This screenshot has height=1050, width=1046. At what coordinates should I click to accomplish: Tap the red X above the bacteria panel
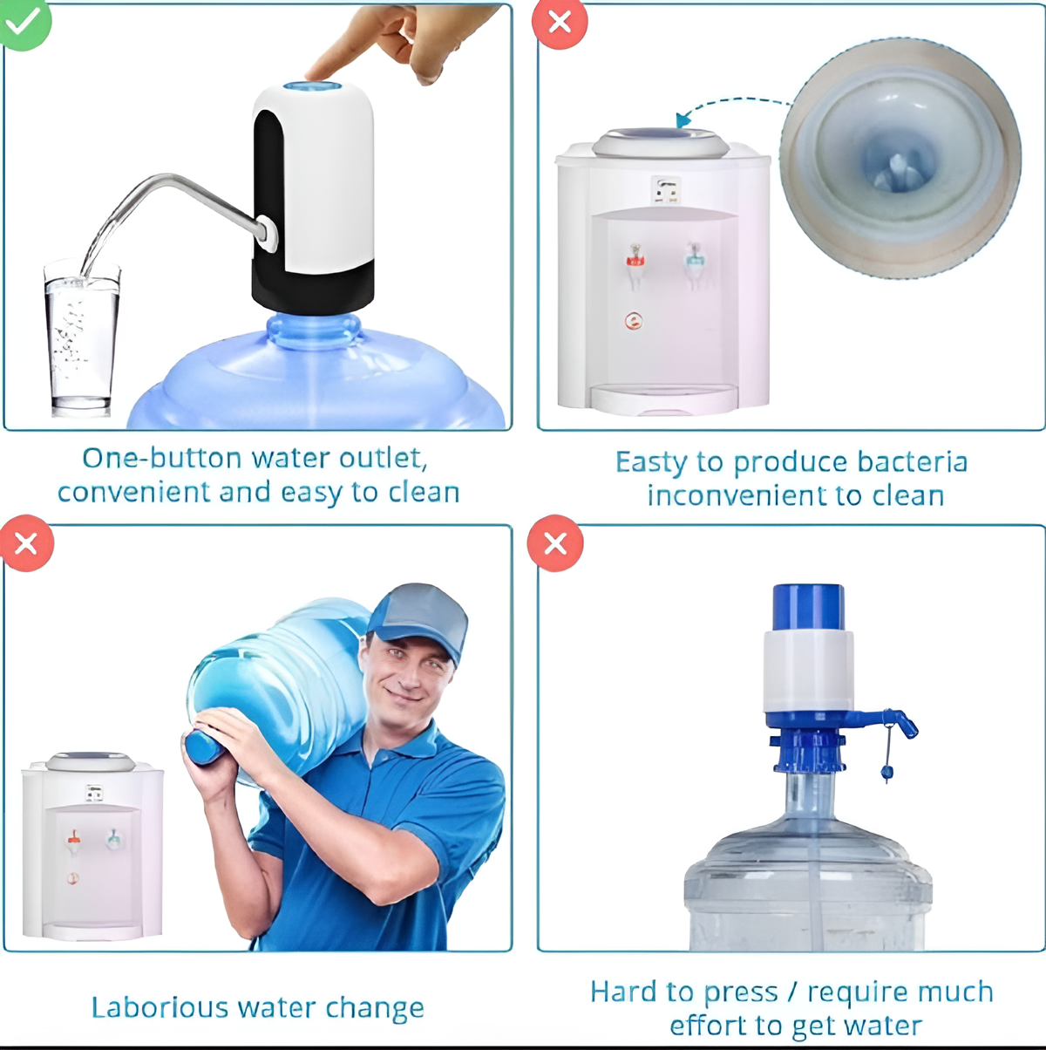(560, 23)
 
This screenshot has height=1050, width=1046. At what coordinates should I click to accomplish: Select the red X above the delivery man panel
(26, 543)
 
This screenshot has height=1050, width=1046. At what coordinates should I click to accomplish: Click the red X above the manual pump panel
(555, 543)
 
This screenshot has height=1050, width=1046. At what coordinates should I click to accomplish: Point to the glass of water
(81, 340)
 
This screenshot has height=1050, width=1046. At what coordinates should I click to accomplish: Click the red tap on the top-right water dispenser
(635, 259)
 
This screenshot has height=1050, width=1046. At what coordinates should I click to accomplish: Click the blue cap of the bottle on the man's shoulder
(203, 747)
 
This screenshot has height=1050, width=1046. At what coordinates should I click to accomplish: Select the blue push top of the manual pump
(808, 606)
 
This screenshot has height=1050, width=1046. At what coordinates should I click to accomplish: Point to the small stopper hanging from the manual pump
(887, 772)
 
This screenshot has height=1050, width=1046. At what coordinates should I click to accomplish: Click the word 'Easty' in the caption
(650, 462)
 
